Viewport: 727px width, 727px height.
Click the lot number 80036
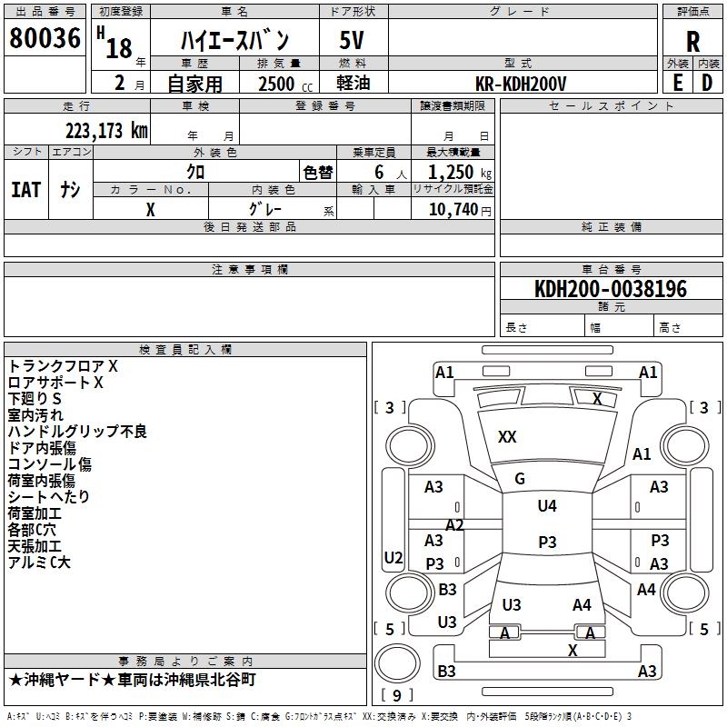click(x=45, y=39)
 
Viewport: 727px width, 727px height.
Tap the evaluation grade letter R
click(x=693, y=42)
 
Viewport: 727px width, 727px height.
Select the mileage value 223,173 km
click(x=105, y=131)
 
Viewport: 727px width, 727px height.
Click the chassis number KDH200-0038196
click(x=611, y=289)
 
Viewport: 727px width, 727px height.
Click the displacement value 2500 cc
click(x=278, y=85)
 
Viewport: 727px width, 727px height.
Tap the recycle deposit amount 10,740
click(x=453, y=210)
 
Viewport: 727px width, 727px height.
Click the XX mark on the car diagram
click(x=507, y=437)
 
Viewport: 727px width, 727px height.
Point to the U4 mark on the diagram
click(x=546, y=506)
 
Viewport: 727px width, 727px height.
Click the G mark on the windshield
click(x=520, y=479)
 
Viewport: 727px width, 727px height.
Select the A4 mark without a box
click(x=582, y=605)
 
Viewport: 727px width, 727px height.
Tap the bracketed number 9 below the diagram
click(x=396, y=696)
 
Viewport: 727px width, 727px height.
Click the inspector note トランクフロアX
click(x=63, y=366)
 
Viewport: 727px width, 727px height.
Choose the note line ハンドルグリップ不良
click(x=77, y=432)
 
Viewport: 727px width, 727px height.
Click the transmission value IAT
click(x=25, y=190)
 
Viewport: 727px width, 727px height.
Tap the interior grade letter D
click(x=707, y=83)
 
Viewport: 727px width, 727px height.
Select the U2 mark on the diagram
click(x=393, y=557)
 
